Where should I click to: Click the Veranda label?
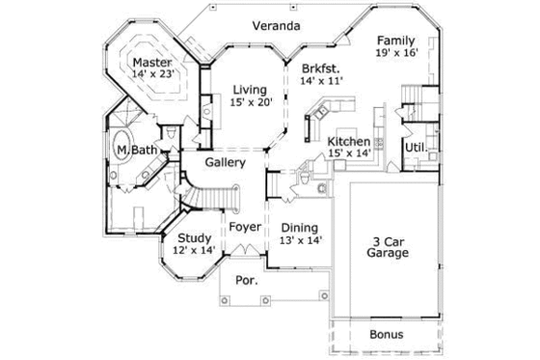tap(274, 25)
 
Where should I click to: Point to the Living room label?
tap(251, 90)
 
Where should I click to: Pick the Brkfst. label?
tap(320, 69)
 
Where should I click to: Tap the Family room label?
tap(395, 41)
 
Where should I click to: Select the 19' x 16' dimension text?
tap(395, 54)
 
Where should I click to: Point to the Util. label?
tap(415, 148)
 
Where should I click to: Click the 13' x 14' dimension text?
tap(300, 239)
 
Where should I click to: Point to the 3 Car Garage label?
tap(388, 247)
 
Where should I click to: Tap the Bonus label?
tap(388, 335)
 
